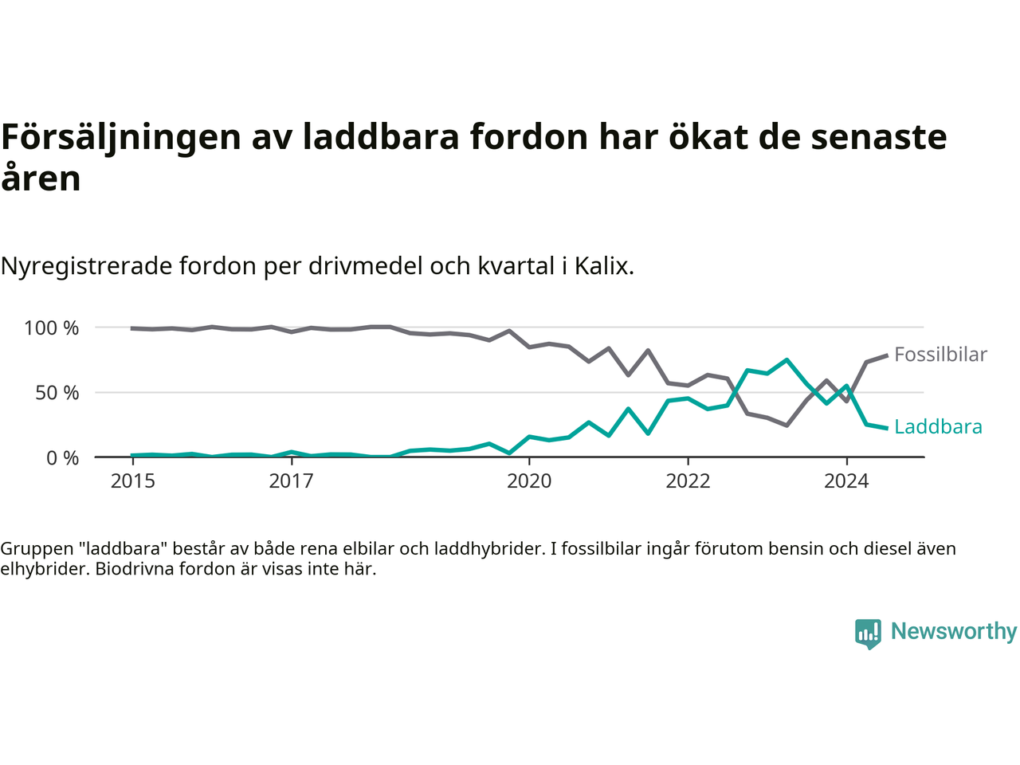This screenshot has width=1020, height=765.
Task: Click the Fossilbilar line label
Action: tap(940, 355)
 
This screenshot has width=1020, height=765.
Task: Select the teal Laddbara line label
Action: tap(938, 427)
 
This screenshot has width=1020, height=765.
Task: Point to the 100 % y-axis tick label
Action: tap(52, 328)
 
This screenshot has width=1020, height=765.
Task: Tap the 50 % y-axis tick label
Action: tap(57, 393)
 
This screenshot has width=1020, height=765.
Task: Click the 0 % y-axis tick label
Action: tap(62, 458)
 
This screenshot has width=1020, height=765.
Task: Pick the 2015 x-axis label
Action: tap(133, 481)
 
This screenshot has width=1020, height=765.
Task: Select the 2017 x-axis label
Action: tap(292, 481)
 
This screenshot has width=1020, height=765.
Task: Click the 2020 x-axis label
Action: tap(529, 481)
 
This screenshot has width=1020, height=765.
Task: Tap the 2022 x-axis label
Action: tap(688, 481)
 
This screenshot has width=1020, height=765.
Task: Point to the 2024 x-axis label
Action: tap(846, 481)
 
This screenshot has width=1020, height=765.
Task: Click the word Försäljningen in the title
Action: tap(121, 137)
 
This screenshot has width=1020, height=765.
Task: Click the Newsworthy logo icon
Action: tap(868, 634)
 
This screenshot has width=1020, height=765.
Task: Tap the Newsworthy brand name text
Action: tap(954, 631)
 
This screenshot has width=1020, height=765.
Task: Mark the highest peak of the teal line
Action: tap(787, 360)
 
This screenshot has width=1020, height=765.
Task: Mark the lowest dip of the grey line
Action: tap(787, 426)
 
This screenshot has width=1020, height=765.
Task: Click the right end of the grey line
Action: tap(886, 355)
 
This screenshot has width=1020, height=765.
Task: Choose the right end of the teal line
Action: tap(886, 428)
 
